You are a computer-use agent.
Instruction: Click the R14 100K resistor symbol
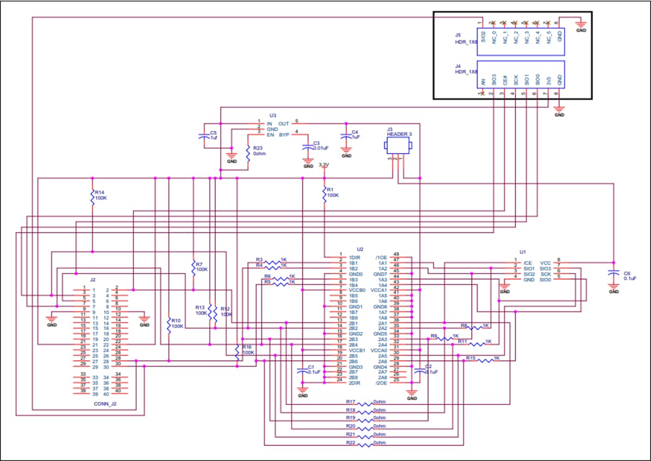point(93,197)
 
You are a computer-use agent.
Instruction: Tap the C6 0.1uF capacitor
point(614,275)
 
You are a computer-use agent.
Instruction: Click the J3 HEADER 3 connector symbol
point(398,146)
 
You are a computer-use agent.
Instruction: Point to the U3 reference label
point(272,115)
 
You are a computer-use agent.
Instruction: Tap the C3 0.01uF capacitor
point(308,147)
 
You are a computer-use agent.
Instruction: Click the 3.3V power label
point(324,165)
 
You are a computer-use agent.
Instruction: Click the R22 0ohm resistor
point(365,445)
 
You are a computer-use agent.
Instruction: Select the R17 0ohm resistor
point(365,403)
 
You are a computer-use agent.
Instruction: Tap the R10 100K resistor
point(169,325)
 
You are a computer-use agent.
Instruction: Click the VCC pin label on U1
point(546,263)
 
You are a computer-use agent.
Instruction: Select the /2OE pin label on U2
point(381,383)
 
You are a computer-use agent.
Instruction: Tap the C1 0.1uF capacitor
point(303,371)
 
